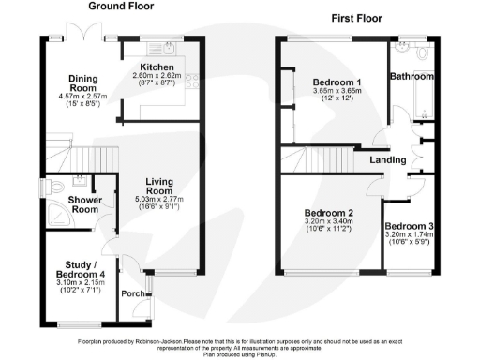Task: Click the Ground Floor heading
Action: click(123, 7)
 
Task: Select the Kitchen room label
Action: click(157, 67)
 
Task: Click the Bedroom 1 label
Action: click(338, 82)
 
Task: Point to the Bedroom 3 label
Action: click(409, 227)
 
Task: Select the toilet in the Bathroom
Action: click(425, 53)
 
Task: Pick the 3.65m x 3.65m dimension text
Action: click(338, 92)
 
